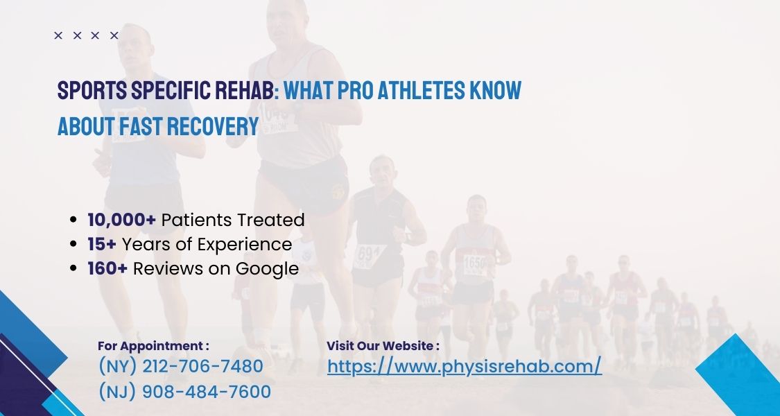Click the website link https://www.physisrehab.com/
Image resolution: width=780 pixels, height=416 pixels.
464,366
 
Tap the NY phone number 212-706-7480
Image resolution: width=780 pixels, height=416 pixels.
180,366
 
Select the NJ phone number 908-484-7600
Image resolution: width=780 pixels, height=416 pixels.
184,392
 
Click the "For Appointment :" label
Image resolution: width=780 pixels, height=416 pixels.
153,345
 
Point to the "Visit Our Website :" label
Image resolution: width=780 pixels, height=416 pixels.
383,345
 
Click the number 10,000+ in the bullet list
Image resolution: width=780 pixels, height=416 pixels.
121,220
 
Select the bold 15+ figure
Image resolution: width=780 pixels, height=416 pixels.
102,244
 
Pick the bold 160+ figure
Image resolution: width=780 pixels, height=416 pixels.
107,268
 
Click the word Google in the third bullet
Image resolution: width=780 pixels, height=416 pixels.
267,269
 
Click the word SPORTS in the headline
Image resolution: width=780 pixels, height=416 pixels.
87,91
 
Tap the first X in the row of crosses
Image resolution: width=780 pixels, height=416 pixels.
58,35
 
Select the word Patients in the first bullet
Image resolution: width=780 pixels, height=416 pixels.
196,220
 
